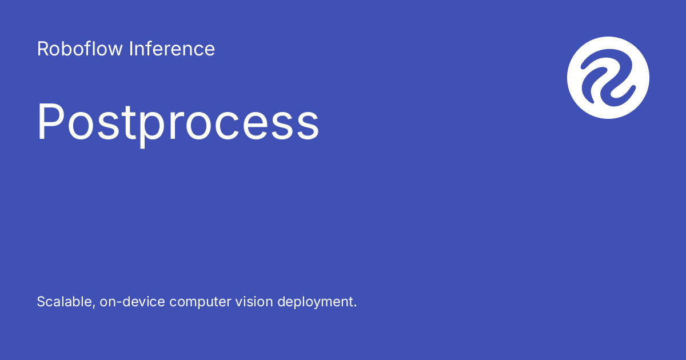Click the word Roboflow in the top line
tap(80, 49)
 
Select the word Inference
tap(171, 49)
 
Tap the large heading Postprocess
tap(178, 122)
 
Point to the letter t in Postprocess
tap(133, 122)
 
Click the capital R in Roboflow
tap(43, 49)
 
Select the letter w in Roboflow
tap(115, 50)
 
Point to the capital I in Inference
tap(130, 49)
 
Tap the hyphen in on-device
tap(116, 303)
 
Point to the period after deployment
tap(355, 306)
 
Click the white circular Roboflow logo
tap(608, 78)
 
